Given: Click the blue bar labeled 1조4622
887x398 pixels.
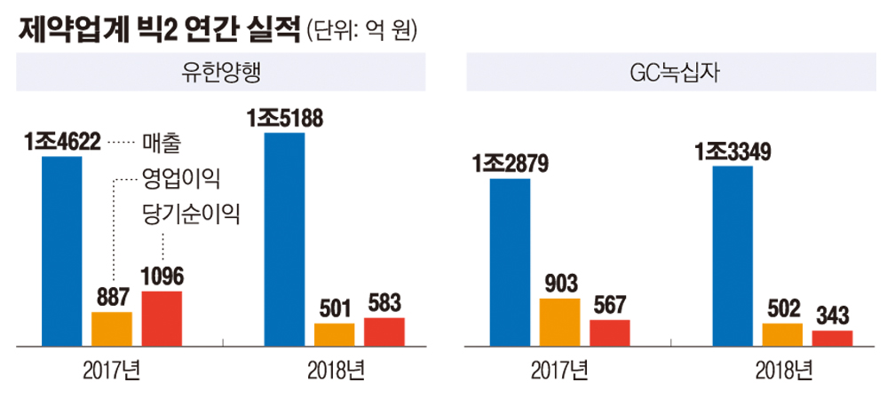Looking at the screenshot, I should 62,251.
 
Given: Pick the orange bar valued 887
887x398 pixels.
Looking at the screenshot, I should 112,328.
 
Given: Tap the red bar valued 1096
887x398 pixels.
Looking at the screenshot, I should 162,317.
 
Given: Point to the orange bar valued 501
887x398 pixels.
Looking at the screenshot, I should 334,334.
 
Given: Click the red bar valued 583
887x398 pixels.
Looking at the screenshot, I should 384,331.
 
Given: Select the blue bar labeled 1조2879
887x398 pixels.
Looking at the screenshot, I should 510,261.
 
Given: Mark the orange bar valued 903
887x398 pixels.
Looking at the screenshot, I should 559,322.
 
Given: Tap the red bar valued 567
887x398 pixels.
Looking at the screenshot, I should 609,332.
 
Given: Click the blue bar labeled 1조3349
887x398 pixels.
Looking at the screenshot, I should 733,255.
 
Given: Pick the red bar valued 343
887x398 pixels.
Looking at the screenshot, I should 832,337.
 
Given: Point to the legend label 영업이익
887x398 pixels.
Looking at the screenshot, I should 180,177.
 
